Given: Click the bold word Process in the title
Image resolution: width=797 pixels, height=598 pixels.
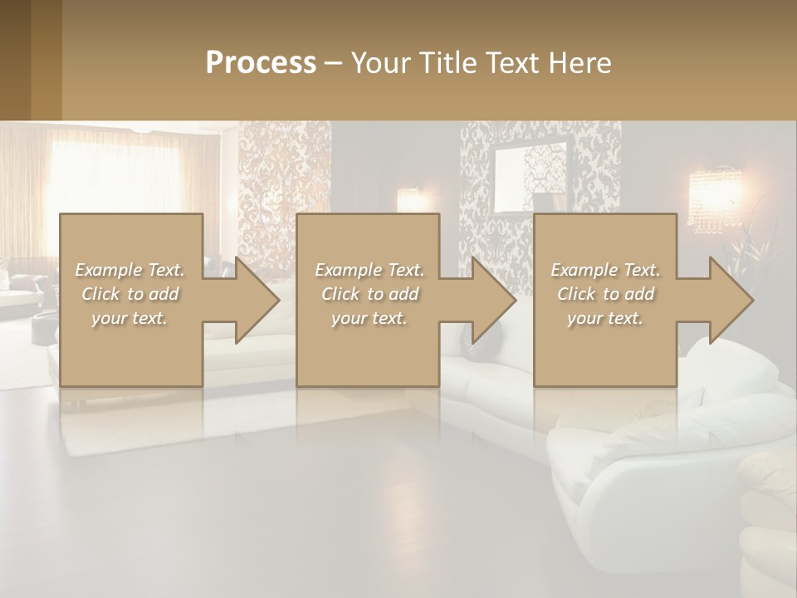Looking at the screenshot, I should pyautogui.click(x=261, y=63).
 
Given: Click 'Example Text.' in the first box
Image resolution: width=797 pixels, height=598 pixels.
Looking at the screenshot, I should pyautogui.click(x=130, y=270).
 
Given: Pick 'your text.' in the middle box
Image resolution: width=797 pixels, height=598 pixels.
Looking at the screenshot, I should pyautogui.click(x=369, y=318).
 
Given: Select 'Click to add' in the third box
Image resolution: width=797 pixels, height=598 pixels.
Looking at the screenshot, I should pyautogui.click(x=605, y=294).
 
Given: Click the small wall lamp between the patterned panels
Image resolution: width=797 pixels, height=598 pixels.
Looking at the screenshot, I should pyautogui.click(x=408, y=199).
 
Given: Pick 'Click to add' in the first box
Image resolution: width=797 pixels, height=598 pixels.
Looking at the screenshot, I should pyautogui.click(x=130, y=294).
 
